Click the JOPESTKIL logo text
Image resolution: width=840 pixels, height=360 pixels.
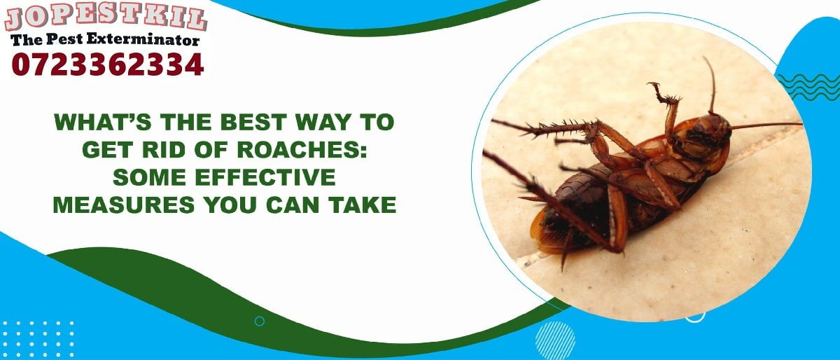click(106, 18)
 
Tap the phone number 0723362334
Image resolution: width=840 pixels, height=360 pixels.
click(107, 65)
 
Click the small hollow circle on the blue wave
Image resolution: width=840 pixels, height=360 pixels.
click(260, 321)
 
